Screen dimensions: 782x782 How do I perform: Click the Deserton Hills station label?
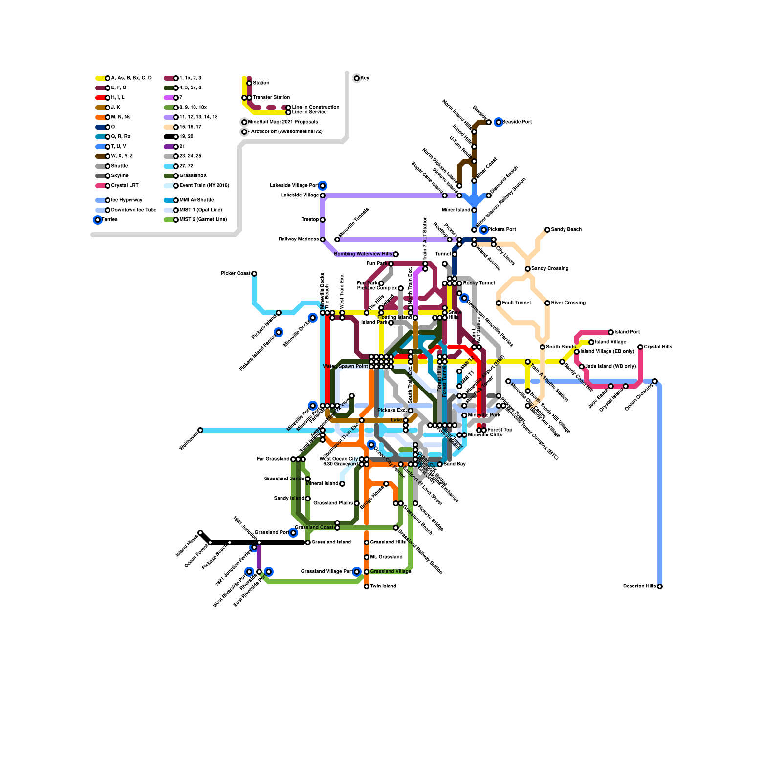tap(639, 586)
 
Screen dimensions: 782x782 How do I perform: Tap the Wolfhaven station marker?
tap(200, 430)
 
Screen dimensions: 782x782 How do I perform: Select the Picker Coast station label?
tap(236, 274)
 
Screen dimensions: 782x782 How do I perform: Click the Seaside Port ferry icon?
tap(499, 122)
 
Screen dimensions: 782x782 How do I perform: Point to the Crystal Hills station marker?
tap(640, 347)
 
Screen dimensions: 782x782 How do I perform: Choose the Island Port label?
tap(627, 332)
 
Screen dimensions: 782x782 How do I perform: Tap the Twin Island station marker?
tap(367, 586)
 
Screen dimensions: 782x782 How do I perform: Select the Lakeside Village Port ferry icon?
tap(323, 186)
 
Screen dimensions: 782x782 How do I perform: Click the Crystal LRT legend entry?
tap(125, 186)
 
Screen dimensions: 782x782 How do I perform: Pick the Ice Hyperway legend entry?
tap(127, 200)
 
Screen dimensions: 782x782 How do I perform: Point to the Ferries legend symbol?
tap(98, 220)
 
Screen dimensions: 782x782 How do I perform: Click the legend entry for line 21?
tap(182, 147)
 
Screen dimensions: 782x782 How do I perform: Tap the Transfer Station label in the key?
tap(271, 98)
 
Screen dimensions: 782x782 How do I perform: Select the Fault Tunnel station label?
tap(516, 303)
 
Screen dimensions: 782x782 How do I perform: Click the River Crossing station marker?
tap(547, 303)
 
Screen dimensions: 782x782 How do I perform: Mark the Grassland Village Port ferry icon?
tap(357, 572)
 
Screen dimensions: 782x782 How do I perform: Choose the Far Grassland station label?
tap(273, 459)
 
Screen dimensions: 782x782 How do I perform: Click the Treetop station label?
tap(310, 220)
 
